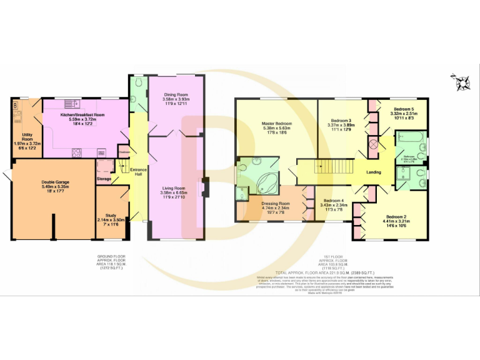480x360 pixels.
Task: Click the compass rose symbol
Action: coord(463,81)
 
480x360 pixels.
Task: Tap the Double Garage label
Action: coord(55,182)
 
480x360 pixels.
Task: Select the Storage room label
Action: coord(104,179)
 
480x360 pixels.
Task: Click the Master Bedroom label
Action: coord(277,124)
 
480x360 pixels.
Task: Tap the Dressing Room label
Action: coord(275,204)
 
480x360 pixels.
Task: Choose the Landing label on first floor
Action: coord(374,172)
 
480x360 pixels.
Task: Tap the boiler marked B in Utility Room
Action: coord(16,106)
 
